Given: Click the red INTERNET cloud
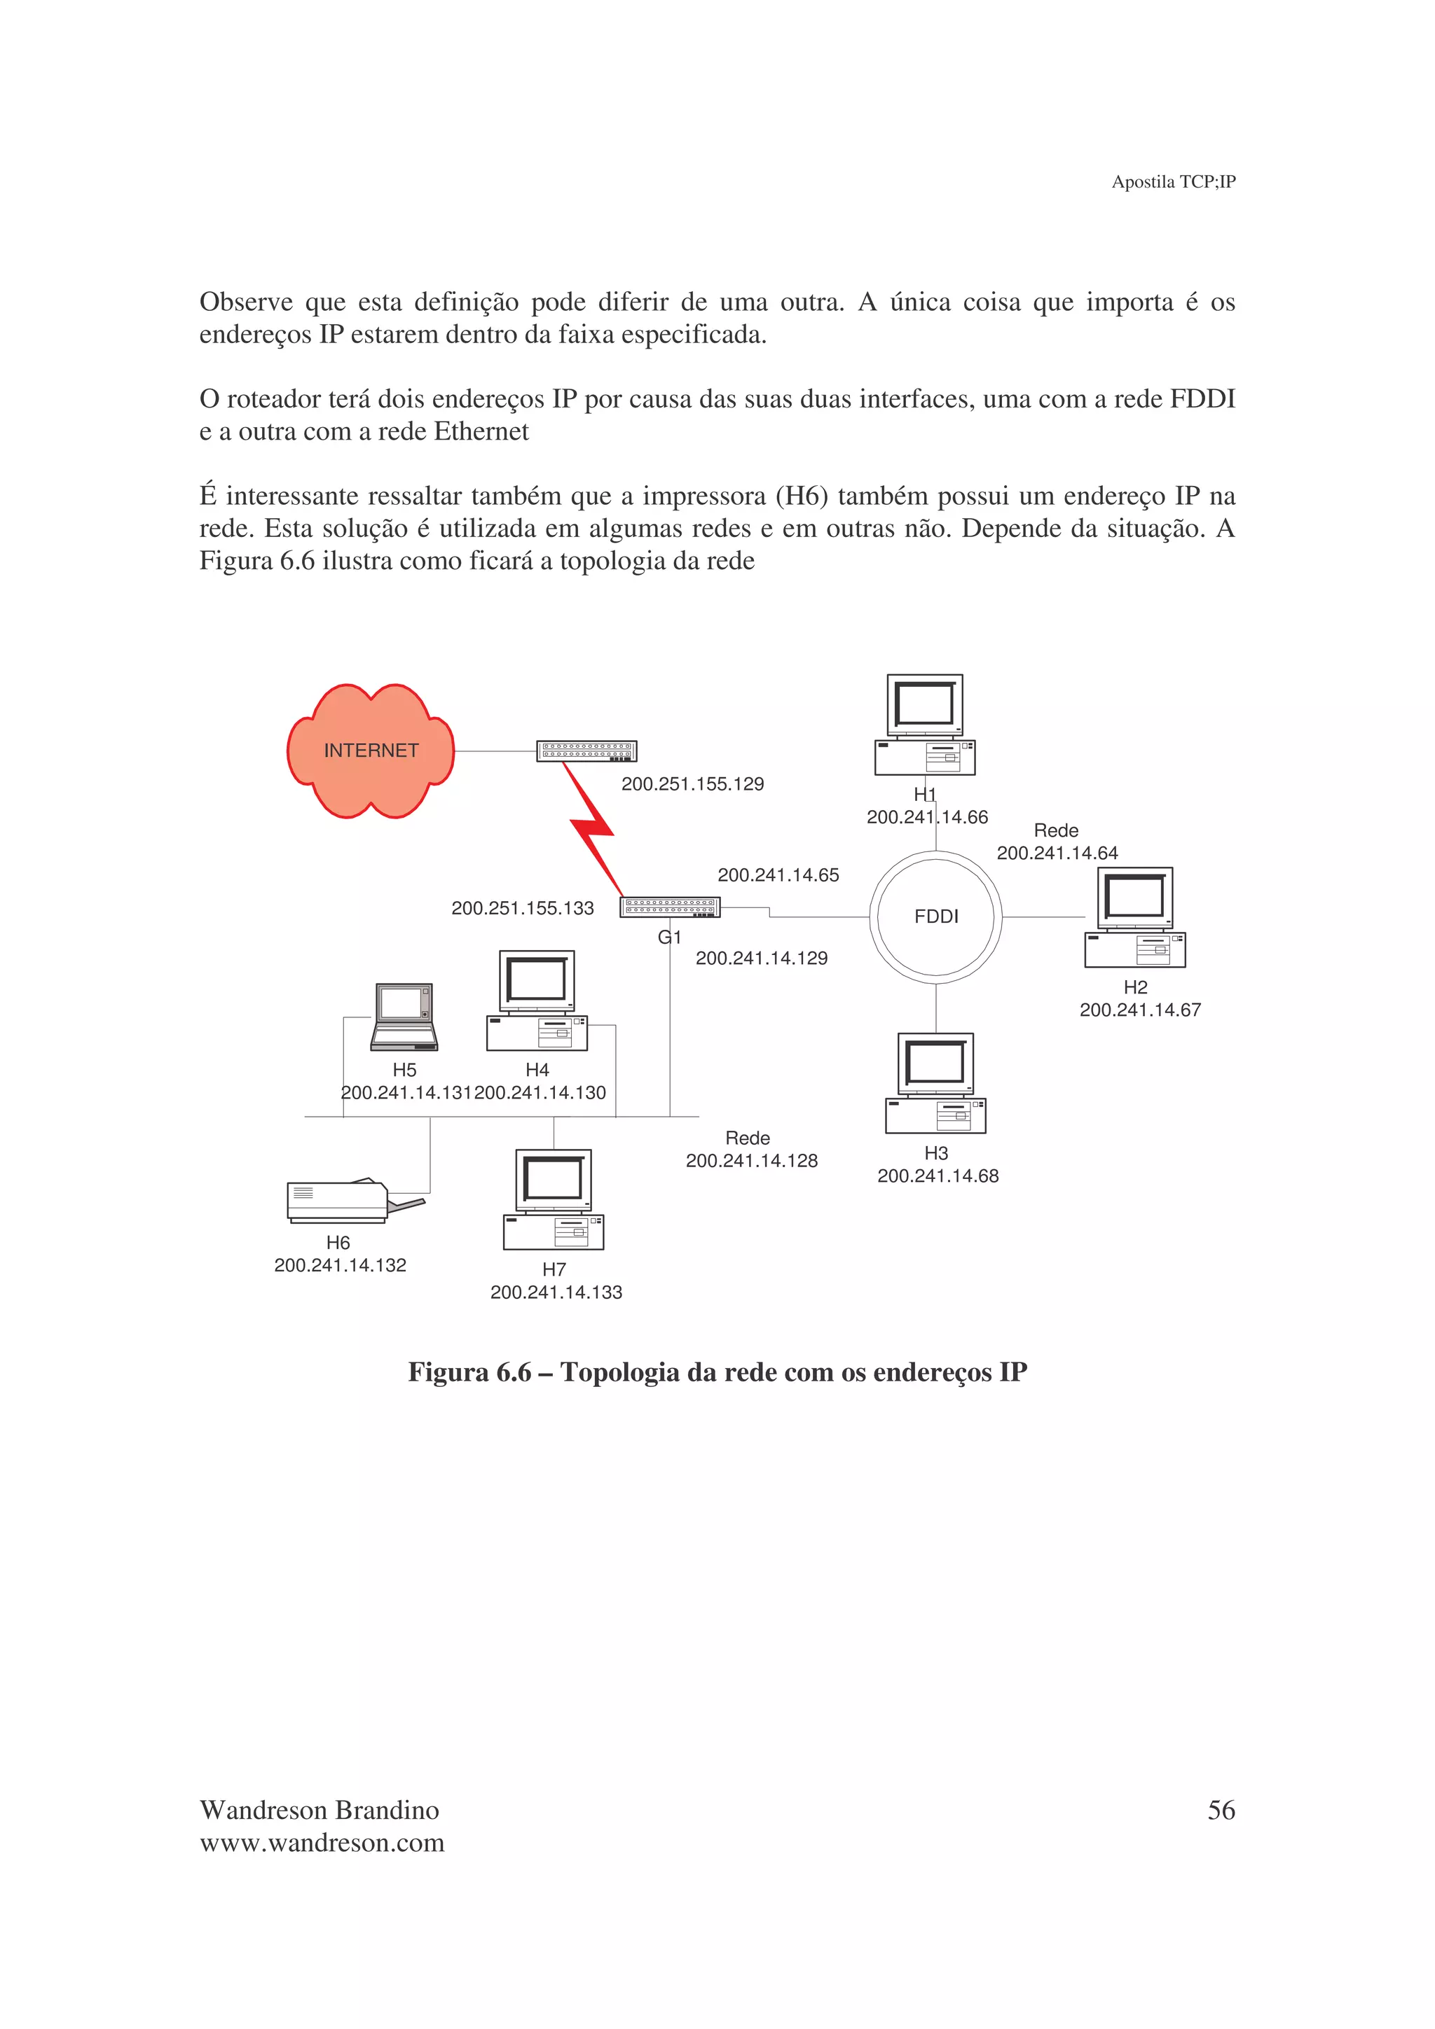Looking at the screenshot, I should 371,751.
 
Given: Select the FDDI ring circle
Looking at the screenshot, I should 935,916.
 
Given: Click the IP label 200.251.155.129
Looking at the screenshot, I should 692,784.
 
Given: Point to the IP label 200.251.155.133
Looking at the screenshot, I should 523,909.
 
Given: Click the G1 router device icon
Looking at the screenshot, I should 670,907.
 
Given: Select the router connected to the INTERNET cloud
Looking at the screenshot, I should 586,751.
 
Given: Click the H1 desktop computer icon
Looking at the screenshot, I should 925,725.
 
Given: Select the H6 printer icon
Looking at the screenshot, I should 348,1201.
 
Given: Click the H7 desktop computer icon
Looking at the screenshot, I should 554,1199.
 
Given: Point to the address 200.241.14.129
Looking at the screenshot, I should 761,958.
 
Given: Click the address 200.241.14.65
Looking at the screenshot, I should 778,876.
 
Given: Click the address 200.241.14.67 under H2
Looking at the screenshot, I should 1140,1010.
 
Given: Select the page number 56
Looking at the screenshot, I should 1221,1811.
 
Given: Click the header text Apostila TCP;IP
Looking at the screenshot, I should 1173,182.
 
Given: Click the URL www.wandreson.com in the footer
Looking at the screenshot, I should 322,1843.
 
